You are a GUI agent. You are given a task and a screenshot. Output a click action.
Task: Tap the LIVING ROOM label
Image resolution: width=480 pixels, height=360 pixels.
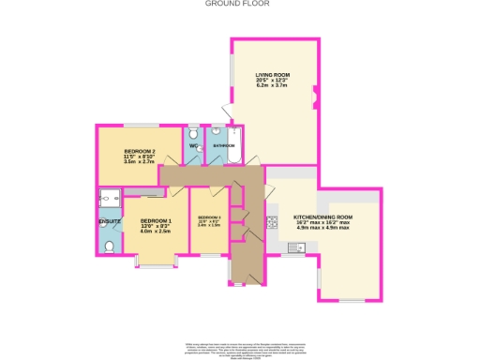[274, 74]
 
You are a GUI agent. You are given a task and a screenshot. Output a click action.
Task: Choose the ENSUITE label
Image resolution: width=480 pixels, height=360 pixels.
[110, 221]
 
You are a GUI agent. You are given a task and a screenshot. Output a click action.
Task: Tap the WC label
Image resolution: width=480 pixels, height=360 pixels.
[193, 146]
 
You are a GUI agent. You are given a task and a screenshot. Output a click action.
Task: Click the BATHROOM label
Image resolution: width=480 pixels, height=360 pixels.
[223, 146]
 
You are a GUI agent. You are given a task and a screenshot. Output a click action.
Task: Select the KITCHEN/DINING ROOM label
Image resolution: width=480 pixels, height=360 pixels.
[322, 215]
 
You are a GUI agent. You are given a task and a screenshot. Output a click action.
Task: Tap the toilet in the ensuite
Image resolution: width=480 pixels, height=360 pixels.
[110, 247]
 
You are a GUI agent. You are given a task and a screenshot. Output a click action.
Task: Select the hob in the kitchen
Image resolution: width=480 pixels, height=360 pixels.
[273, 222]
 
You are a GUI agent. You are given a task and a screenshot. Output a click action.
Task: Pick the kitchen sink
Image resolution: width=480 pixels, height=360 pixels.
[294, 248]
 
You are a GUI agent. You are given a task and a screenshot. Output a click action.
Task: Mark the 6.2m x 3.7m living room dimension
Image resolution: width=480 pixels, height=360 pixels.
[274, 85]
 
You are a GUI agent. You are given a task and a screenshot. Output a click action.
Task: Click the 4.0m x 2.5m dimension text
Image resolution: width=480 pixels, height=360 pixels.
[155, 232]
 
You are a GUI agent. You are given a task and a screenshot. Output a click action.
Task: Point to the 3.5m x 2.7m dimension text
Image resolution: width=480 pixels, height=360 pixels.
[137, 161]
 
